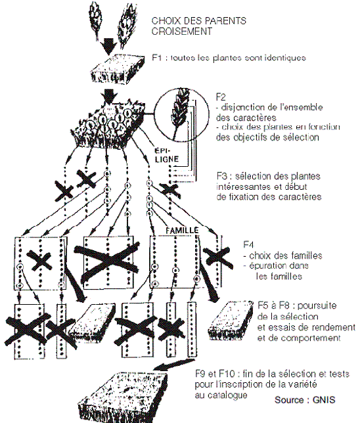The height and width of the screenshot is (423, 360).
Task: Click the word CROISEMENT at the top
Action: [181, 32]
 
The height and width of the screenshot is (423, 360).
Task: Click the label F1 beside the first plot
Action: [157, 57]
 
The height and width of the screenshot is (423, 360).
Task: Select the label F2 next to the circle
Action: [221, 97]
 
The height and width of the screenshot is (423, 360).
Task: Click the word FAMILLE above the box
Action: [182, 230]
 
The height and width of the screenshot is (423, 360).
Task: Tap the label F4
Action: [248, 245]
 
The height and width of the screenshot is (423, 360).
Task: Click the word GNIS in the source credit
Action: [324, 399]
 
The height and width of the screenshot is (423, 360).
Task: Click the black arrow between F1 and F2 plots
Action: [109, 97]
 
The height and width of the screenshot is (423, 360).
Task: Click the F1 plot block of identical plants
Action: [117, 68]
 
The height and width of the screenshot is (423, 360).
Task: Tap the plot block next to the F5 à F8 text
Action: [231, 321]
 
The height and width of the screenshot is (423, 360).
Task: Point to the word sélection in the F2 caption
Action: [301, 137]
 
